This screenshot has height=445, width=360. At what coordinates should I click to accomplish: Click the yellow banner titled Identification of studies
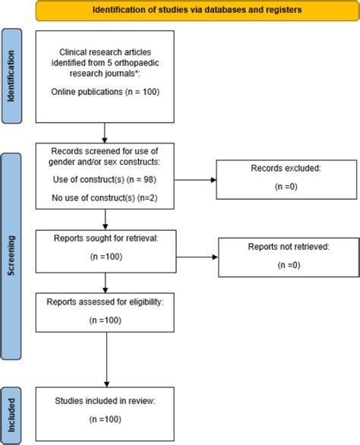tap(185, 11)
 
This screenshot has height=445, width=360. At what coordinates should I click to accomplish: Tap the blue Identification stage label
tap(11, 77)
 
